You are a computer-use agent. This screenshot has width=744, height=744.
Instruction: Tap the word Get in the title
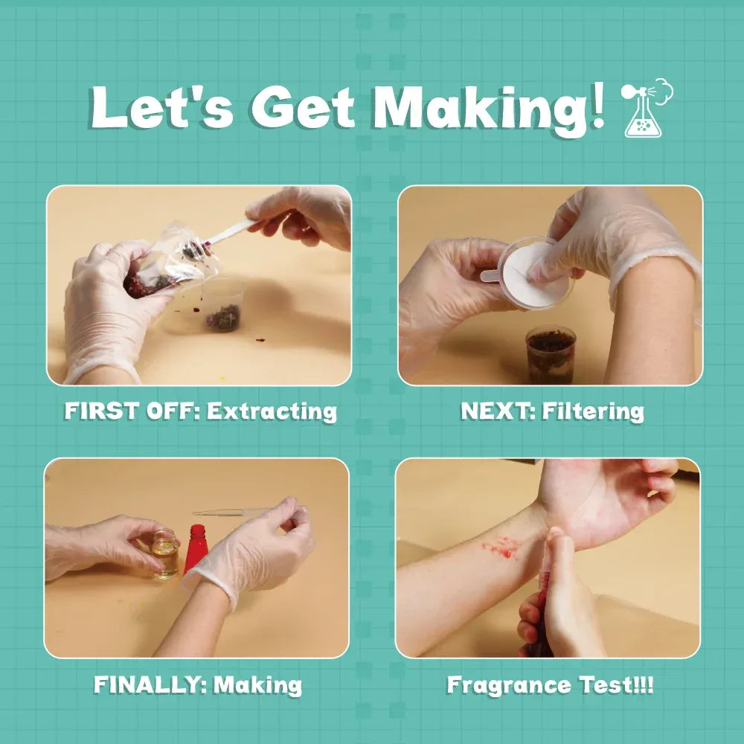pyautogui.click(x=304, y=107)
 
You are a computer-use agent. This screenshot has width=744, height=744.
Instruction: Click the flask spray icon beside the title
pyautogui.click(x=647, y=108)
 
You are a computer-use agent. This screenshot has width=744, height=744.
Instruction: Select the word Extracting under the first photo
pyautogui.click(x=272, y=411)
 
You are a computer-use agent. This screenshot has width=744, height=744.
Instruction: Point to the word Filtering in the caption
pyautogui.click(x=593, y=411)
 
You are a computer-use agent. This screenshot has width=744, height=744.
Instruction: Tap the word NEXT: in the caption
pyautogui.click(x=498, y=411)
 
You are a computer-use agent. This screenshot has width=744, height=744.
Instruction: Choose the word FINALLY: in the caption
pyautogui.click(x=150, y=684)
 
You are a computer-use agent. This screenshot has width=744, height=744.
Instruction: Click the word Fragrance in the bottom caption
pyautogui.click(x=510, y=685)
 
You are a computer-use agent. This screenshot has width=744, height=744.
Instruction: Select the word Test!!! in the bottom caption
pyautogui.click(x=616, y=684)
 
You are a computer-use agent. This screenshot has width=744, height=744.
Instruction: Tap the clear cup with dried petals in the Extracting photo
pyautogui.click(x=222, y=305)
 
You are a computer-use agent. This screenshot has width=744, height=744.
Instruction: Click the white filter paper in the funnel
pyautogui.click(x=535, y=275)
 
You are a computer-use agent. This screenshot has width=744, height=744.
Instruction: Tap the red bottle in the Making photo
pyautogui.click(x=196, y=549)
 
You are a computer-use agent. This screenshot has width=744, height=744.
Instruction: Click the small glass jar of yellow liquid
pyautogui.click(x=164, y=554)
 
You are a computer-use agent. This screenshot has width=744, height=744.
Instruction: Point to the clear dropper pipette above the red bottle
pyautogui.click(x=231, y=512)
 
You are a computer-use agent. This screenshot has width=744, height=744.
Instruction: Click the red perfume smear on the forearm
pyautogui.click(x=501, y=547)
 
